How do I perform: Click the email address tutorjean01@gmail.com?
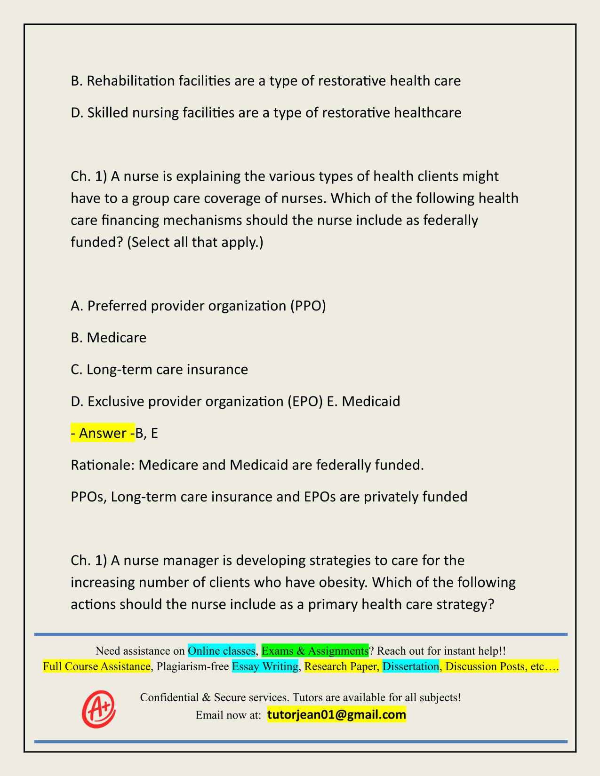[336, 715]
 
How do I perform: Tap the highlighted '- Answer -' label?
[102, 433]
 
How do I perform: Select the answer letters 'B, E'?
[146, 433]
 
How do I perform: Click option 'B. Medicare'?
[109, 338]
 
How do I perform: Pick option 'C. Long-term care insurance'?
[159, 369]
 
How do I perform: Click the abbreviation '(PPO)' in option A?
[308, 306]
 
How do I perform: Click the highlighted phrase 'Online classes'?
[221, 650]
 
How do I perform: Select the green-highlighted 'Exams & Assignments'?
[314, 650]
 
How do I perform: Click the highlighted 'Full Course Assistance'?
[96, 666]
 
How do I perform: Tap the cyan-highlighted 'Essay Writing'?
[265, 666]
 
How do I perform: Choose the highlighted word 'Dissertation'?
[410, 666]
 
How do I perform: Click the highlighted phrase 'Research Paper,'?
[342, 666]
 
